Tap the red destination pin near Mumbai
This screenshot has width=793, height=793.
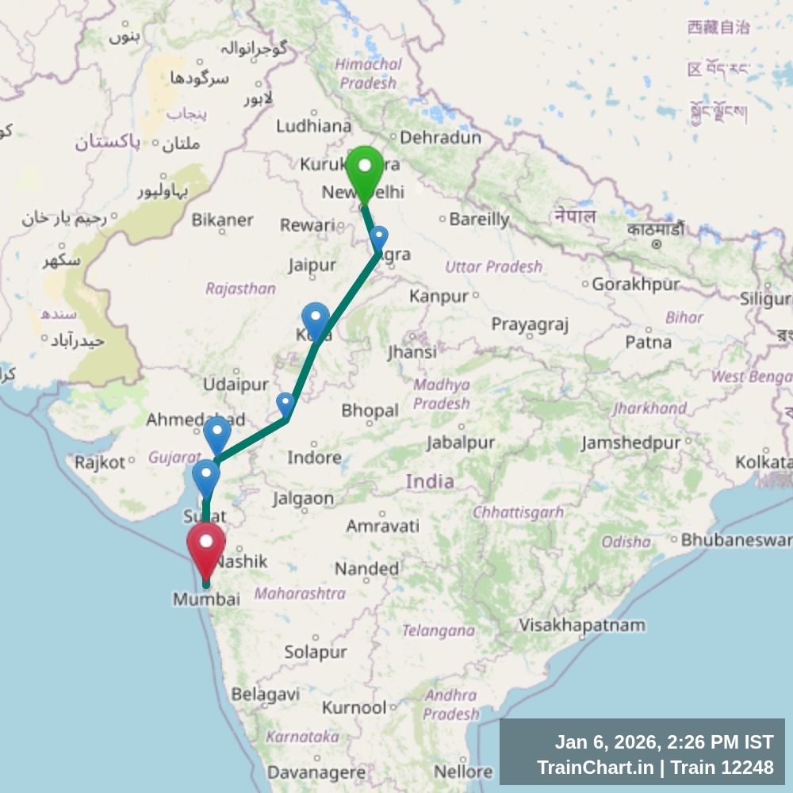[206, 548]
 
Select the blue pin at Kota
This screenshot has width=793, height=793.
[315, 320]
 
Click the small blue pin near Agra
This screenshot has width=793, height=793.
[379, 238]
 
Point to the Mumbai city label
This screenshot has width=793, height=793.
[206, 600]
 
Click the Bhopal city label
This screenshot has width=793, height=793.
[370, 411]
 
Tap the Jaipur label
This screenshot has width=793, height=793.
[312, 266]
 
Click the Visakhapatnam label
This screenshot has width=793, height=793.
[582, 625]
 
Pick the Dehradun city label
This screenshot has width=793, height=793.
[440, 137]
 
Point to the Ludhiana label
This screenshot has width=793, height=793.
[314, 126]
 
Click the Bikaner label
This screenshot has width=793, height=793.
[222, 220]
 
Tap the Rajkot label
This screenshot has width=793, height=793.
[100, 462]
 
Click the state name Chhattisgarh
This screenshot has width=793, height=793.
[518, 513]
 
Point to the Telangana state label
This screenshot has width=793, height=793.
[438, 631]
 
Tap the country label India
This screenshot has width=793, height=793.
[430, 481]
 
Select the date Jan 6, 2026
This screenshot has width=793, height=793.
[606, 742]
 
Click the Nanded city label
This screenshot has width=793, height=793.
[366, 569]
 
